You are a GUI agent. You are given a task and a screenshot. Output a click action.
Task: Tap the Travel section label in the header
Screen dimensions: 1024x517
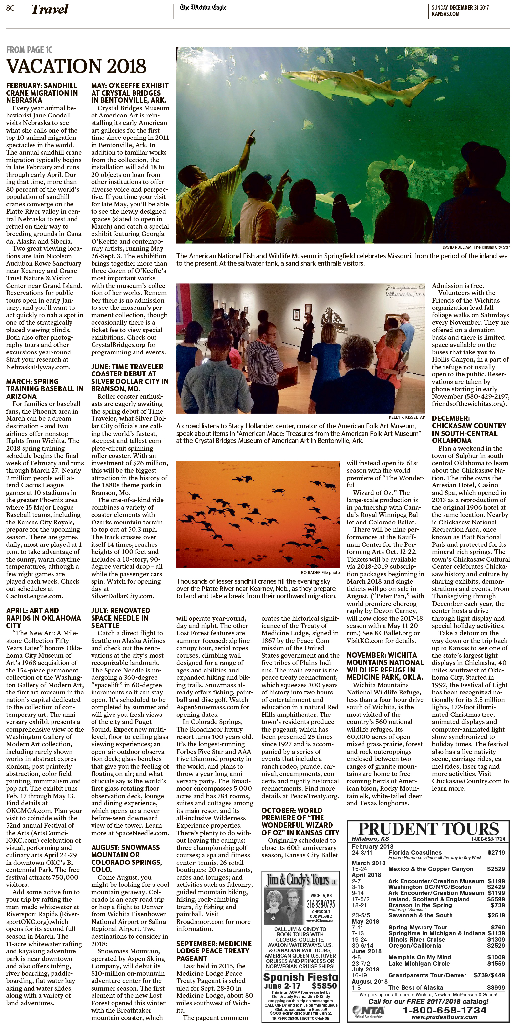click(x=50, y=10)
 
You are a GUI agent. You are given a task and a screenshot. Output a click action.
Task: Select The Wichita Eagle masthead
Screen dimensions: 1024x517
click(x=203, y=8)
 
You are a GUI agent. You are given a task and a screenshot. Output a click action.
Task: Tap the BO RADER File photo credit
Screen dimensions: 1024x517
click(x=320, y=572)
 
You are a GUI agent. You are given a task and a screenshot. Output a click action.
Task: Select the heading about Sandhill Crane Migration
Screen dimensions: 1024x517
click(x=42, y=93)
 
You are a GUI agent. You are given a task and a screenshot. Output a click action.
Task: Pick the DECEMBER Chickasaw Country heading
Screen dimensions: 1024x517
click(x=469, y=429)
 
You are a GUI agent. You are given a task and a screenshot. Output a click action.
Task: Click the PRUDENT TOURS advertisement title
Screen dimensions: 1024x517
click(x=428, y=829)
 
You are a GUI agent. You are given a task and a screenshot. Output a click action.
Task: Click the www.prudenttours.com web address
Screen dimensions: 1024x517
click(x=444, y=1017)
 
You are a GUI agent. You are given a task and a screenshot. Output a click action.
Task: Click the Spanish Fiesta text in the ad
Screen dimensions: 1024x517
click(x=300, y=977)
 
